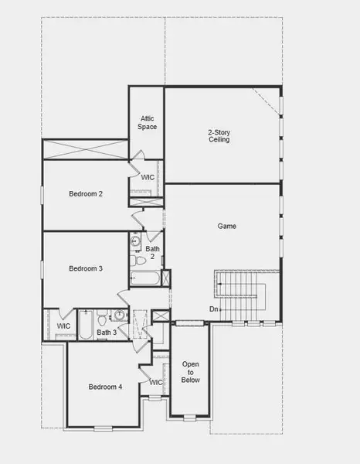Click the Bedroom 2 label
click(x=86, y=194)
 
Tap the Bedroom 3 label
click(x=86, y=268)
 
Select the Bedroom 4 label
click(x=105, y=387)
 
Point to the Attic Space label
click(x=148, y=122)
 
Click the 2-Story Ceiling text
click(x=219, y=137)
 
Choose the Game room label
click(x=226, y=227)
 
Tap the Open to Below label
click(x=191, y=371)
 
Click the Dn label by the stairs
click(x=213, y=309)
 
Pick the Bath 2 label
click(x=152, y=252)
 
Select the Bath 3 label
click(x=107, y=333)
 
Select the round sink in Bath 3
click(x=120, y=316)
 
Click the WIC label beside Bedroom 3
click(x=64, y=326)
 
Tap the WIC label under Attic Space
click(x=148, y=177)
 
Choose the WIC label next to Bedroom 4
click(x=156, y=382)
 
